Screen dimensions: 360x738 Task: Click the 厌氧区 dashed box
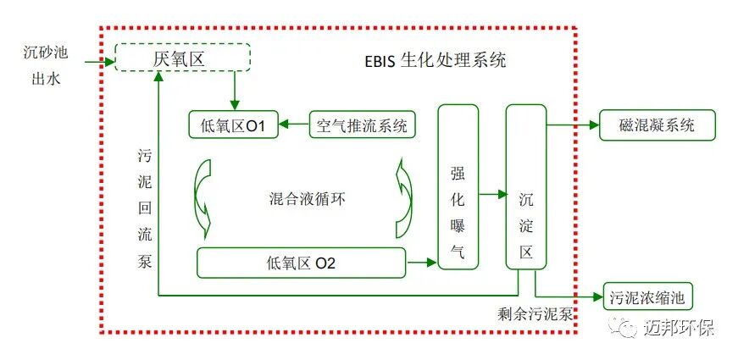[x=183, y=58]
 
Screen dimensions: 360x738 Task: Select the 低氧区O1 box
[x=235, y=126]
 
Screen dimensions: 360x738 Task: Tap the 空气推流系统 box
[x=362, y=126]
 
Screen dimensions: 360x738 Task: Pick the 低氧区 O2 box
[x=301, y=263]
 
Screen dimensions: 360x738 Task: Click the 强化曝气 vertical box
[x=458, y=186]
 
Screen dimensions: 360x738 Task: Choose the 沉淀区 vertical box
[x=525, y=186]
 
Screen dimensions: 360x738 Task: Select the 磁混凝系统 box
[x=657, y=125]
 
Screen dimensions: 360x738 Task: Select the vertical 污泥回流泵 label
[x=144, y=208]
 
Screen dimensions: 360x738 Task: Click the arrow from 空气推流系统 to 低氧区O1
[x=296, y=126]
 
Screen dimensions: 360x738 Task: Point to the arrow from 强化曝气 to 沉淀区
[x=491, y=194]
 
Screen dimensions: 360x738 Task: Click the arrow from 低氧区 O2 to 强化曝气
[x=421, y=263]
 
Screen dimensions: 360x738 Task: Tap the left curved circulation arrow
[x=204, y=199]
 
